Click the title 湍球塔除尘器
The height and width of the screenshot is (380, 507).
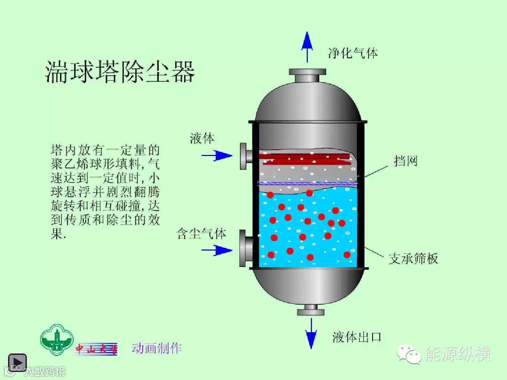coord(120,72)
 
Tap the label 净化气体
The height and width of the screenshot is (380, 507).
coord(353,53)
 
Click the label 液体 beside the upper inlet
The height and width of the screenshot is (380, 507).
coord(202,139)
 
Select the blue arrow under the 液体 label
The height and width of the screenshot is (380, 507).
coord(217,155)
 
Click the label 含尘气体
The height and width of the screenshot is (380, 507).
coord(201,233)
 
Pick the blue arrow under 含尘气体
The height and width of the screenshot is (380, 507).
coord(217,250)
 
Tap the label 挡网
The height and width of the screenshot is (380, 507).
coord(405,161)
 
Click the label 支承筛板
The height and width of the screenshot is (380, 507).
coord(413,259)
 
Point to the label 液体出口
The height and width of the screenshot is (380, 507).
coord(356,337)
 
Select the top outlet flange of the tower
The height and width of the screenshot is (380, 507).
coord(307,75)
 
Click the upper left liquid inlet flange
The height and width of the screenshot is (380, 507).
coord(246,156)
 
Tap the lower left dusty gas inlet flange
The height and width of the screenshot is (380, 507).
coord(246,248)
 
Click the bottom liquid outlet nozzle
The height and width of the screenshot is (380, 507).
coord(311,310)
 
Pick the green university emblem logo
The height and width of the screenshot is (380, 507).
coord(57,340)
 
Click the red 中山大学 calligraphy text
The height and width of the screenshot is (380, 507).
coord(96,349)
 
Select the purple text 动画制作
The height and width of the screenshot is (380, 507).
coord(157,348)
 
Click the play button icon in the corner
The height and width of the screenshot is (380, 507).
coord(17,362)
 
